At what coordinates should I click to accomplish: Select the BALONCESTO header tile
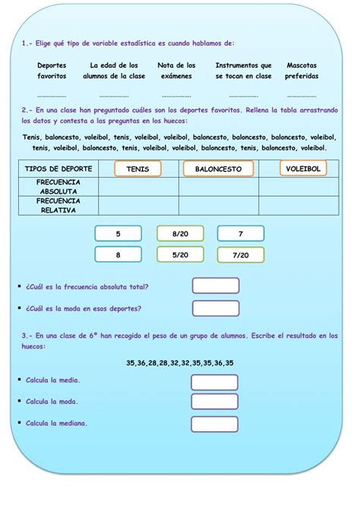[218, 169]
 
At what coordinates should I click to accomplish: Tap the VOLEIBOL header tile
[303, 168]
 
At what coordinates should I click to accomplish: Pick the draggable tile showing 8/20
[180, 234]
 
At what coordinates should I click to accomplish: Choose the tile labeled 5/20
[180, 256]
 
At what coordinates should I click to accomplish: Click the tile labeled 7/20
[241, 256]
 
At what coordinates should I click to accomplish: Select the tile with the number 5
[118, 234]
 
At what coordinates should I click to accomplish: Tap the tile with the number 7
[241, 234]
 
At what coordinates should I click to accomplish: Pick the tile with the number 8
[118, 256]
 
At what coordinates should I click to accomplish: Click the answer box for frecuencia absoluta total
[216, 286]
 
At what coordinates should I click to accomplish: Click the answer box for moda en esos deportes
[216, 308]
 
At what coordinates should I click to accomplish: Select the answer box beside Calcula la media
[214, 382]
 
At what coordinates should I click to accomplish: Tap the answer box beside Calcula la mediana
[214, 424]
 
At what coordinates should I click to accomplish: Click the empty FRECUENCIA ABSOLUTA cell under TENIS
[138, 187]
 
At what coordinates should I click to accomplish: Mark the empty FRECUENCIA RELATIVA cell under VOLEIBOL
[298, 206]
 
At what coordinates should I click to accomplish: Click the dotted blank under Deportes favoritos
[52, 96]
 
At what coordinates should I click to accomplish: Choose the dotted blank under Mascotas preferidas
[302, 96]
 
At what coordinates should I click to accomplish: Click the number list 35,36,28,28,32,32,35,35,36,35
[180, 363]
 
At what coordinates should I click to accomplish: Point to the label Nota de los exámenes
[176, 71]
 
